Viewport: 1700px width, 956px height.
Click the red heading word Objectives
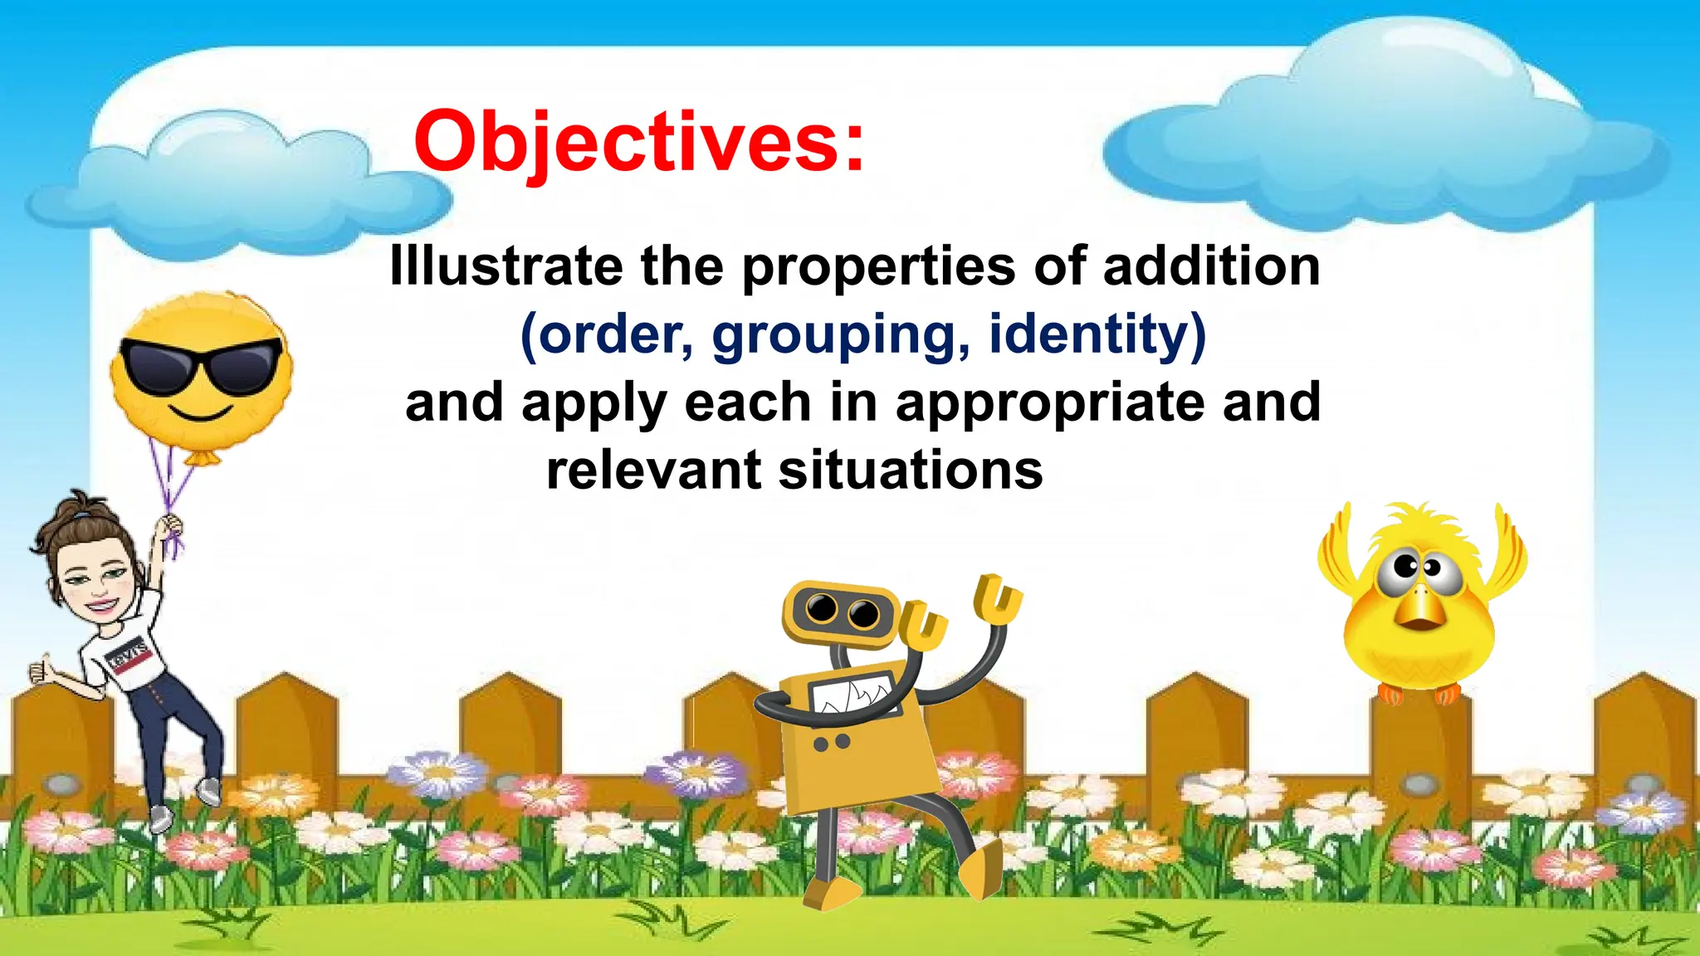tap(639, 143)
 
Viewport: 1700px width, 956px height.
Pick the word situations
tap(911, 471)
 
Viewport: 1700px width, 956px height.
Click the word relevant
tap(653, 471)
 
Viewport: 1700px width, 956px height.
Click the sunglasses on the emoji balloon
tap(200, 365)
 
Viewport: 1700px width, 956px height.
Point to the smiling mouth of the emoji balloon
tap(200, 412)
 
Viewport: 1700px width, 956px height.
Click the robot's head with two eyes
tap(840, 612)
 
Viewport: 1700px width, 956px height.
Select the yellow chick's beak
tap(1421, 610)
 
